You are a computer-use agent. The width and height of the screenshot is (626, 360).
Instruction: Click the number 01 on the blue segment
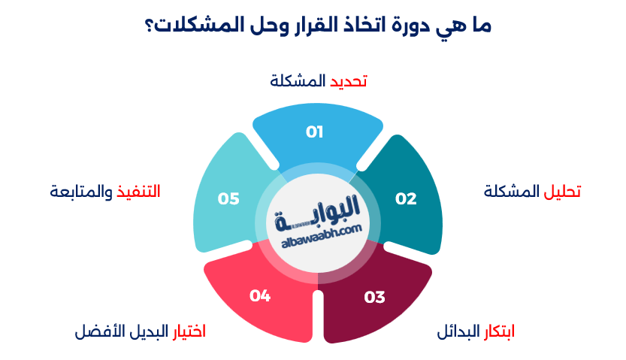click(x=314, y=132)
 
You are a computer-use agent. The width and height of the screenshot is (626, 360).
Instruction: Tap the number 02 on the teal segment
click(x=406, y=198)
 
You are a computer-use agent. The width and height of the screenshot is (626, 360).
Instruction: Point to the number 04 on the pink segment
click(x=260, y=296)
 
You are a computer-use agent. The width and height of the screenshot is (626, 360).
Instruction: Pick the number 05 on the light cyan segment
click(x=228, y=198)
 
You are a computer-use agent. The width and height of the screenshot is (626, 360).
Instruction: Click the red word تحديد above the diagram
click(x=349, y=81)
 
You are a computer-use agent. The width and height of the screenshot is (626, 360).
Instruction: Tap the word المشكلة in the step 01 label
click(x=298, y=81)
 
